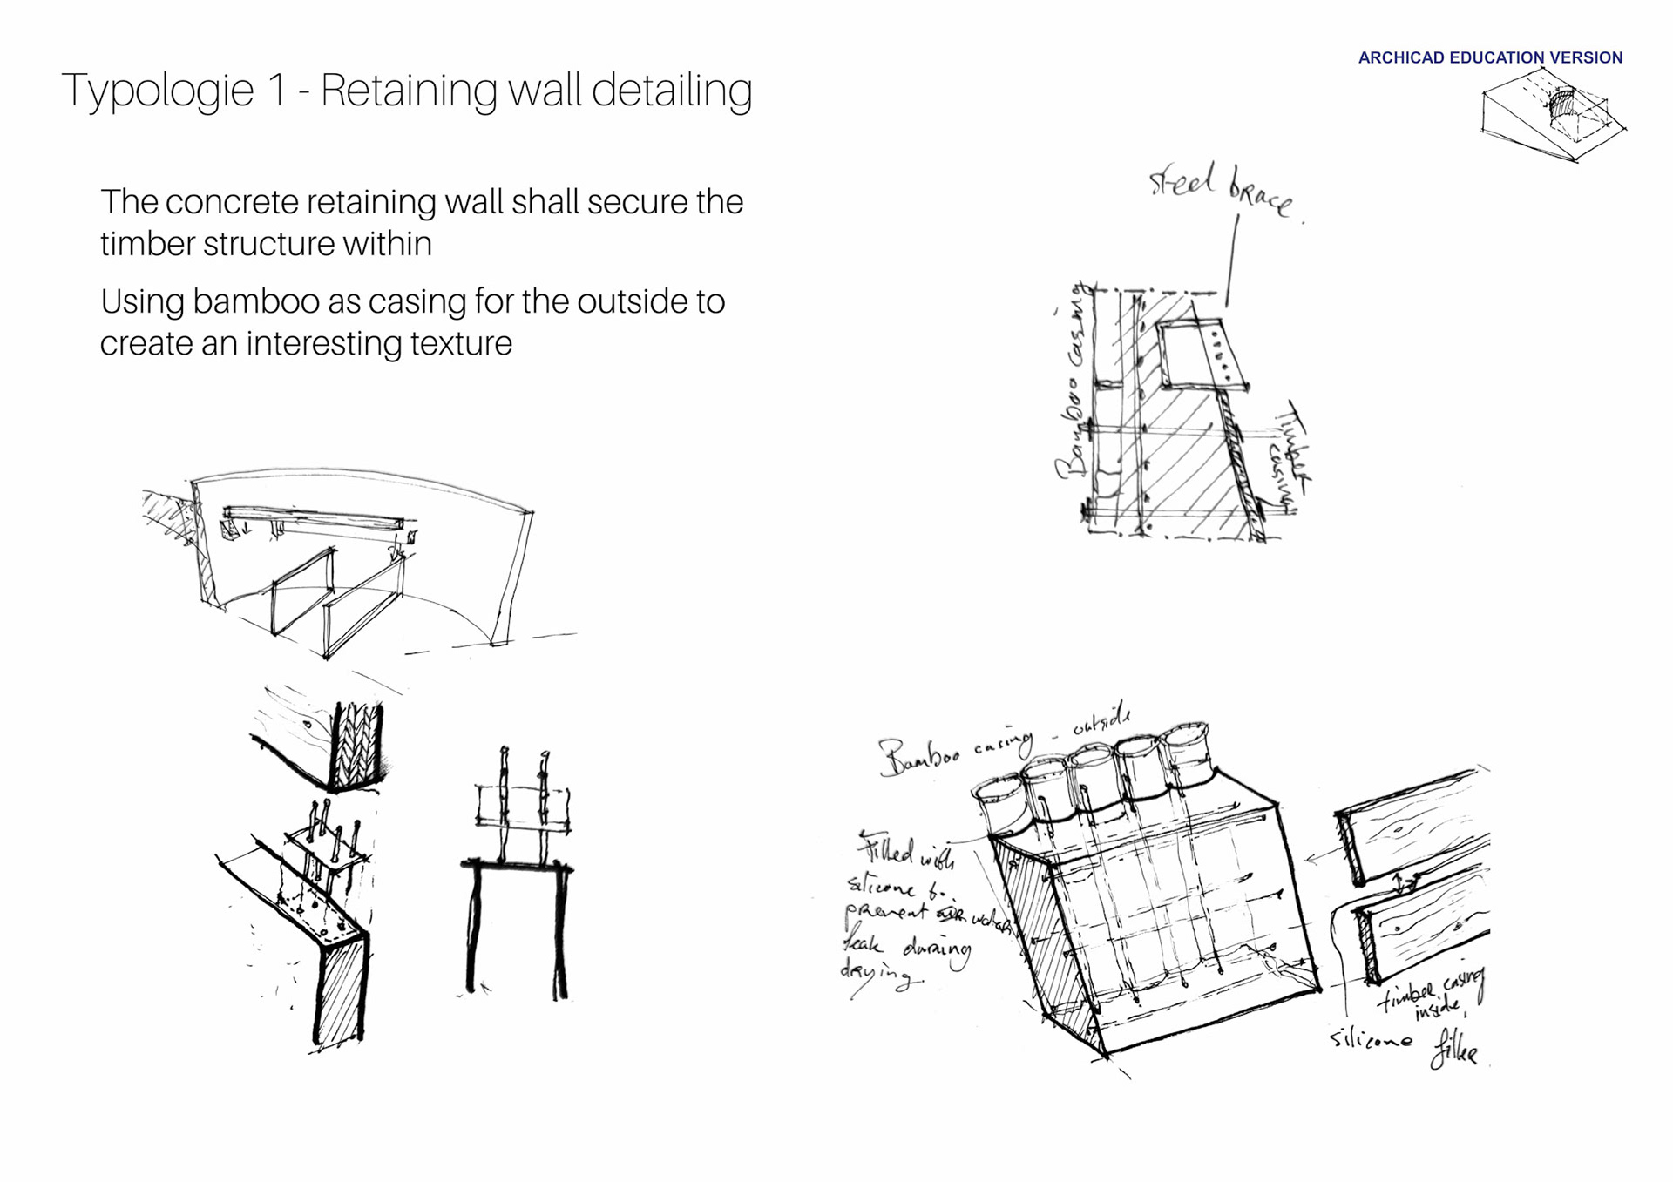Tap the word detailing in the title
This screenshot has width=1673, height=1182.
[x=672, y=91]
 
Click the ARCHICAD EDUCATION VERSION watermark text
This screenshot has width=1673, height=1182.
[x=1490, y=57]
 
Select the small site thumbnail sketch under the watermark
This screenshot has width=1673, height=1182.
[x=1554, y=116]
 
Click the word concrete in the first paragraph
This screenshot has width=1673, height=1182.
[x=231, y=202]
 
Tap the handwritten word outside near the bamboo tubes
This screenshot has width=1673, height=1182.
[x=1101, y=721]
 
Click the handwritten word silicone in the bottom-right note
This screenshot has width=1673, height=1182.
[x=1371, y=1039]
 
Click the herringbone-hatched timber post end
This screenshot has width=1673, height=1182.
[x=357, y=745]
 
